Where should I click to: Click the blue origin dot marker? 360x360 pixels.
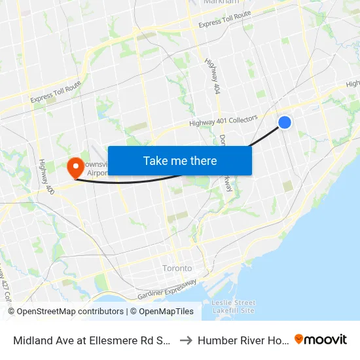click(x=285, y=122)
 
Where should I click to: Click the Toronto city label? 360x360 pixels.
click(x=177, y=268)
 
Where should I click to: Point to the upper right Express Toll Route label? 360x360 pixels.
click(x=225, y=19)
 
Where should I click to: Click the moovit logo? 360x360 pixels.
click(x=321, y=339)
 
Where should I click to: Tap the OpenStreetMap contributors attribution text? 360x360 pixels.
click(x=65, y=312)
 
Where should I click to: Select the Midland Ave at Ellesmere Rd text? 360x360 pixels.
click(x=92, y=340)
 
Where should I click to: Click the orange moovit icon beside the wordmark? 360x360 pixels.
click(x=300, y=339)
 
